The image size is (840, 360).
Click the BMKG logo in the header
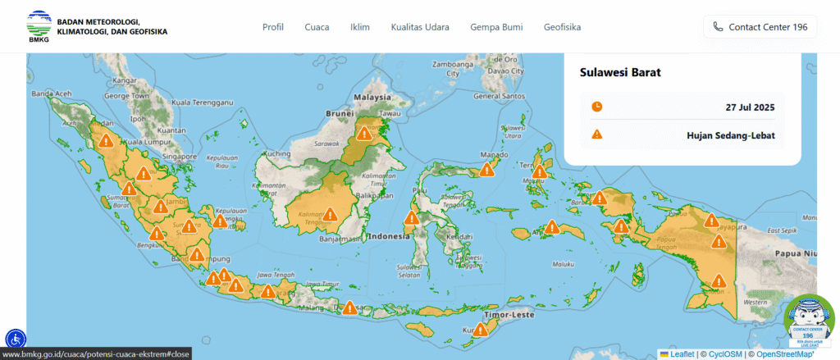(39, 26)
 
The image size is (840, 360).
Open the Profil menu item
(273, 27)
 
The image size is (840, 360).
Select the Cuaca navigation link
(317, 27)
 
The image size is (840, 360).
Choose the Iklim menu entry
(360, 27)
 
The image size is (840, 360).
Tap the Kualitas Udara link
(420, 27)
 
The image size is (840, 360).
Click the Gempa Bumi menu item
(496, 27)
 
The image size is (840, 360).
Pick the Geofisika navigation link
(562, 27)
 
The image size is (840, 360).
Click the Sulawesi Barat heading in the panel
(621, 72)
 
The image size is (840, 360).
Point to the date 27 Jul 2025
(750, 107)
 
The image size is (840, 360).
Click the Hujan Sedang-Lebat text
(731, 134)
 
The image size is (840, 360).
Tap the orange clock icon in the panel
(597, 107)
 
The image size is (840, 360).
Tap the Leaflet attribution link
(681, 354)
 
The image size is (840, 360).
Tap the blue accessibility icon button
(16, 338)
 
